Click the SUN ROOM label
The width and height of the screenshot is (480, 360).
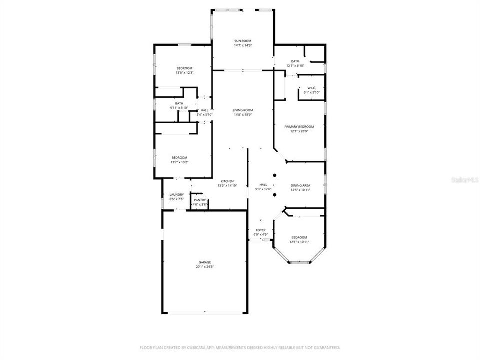243,41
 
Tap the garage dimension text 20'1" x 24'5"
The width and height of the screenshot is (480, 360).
205,267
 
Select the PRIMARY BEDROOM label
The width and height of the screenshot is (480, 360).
299,127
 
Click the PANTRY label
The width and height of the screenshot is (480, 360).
200,200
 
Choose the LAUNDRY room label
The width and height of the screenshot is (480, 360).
177,195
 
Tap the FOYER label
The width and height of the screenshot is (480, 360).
261,230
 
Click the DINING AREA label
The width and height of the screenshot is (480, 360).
301,185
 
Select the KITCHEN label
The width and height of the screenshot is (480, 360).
227,181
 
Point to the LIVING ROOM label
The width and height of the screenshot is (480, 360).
243,110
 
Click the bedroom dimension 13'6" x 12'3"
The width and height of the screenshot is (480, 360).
184,73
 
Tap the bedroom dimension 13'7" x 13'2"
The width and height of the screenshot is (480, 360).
179,162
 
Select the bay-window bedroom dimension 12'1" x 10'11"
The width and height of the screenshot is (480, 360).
299,242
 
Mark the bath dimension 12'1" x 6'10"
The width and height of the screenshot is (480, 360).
295,66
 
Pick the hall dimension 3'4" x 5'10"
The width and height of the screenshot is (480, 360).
204,115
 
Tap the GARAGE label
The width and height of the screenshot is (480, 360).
205,262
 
